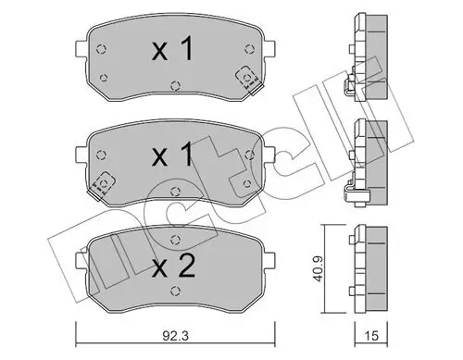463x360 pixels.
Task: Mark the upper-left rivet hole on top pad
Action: click(102, 46)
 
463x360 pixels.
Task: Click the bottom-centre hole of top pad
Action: click(175, 90)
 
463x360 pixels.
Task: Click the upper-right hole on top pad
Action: click(247, 46)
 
